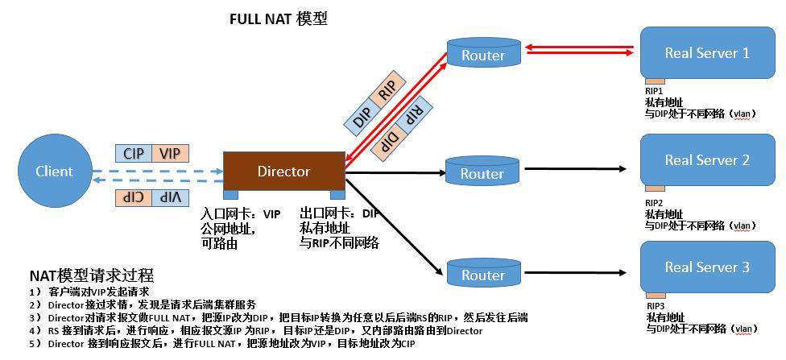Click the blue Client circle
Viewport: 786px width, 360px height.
pyautogui.click(x=54, y=171)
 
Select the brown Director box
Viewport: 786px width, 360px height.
pyautogui.click(x=283, y=171)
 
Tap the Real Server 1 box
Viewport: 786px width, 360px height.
pyautogui.click(x=706, y=52)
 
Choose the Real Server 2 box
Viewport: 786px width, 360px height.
pyautogui.click(x=706, y=159)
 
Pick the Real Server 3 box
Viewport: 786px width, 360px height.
pyautogui.click(x=706, y=267)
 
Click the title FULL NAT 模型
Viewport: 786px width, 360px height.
pyautogui.click(x=279, y=19)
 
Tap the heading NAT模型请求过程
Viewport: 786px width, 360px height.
pyautogui.click(x=91, y=275)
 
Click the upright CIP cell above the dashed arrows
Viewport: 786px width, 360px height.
pyautogui.click(x=133, y=153)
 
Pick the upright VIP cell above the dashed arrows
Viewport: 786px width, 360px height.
pyautogui.click(x=168, y=153)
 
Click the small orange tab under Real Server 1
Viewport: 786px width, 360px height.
pyautogui.click(x=654, y=81)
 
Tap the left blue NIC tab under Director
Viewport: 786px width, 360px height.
pyautogui.click(x=230, y=195)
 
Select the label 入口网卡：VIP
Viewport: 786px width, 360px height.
pyautogui.click(x=241, y=214)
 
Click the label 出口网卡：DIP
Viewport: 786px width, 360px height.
pyautogui.click(x=339, y=213)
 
